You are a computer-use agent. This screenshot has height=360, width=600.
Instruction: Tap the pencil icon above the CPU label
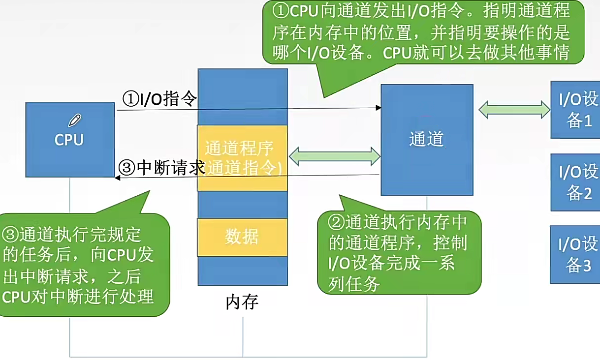[74, 120]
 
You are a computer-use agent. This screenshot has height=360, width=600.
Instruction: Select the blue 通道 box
[427, 140]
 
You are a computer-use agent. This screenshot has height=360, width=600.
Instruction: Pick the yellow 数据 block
[242, 237]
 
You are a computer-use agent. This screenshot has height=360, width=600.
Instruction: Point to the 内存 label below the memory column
[242, 301]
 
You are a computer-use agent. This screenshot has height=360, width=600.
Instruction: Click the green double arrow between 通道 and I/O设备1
[514, 110]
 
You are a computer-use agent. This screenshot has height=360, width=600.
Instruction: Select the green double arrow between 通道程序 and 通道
[335, 156]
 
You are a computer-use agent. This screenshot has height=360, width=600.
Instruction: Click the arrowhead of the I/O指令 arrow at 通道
[379, 108]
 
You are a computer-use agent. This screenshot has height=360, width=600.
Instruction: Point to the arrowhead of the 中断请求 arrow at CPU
[118, 178]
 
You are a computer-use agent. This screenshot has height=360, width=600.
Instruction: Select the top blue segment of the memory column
[243, 96]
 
